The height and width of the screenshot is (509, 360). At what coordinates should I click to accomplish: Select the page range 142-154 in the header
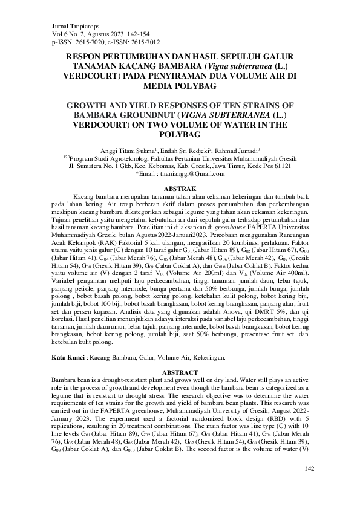132,34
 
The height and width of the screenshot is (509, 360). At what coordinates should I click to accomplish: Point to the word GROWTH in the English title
90,105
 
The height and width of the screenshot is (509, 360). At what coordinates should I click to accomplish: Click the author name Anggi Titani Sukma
132,149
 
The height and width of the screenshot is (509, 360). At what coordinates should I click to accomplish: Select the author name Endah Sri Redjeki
183,149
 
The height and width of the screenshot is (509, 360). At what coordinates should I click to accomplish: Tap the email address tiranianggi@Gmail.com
191,173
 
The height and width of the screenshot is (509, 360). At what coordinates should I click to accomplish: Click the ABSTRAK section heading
180,189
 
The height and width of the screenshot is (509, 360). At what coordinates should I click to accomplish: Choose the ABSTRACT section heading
180,371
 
